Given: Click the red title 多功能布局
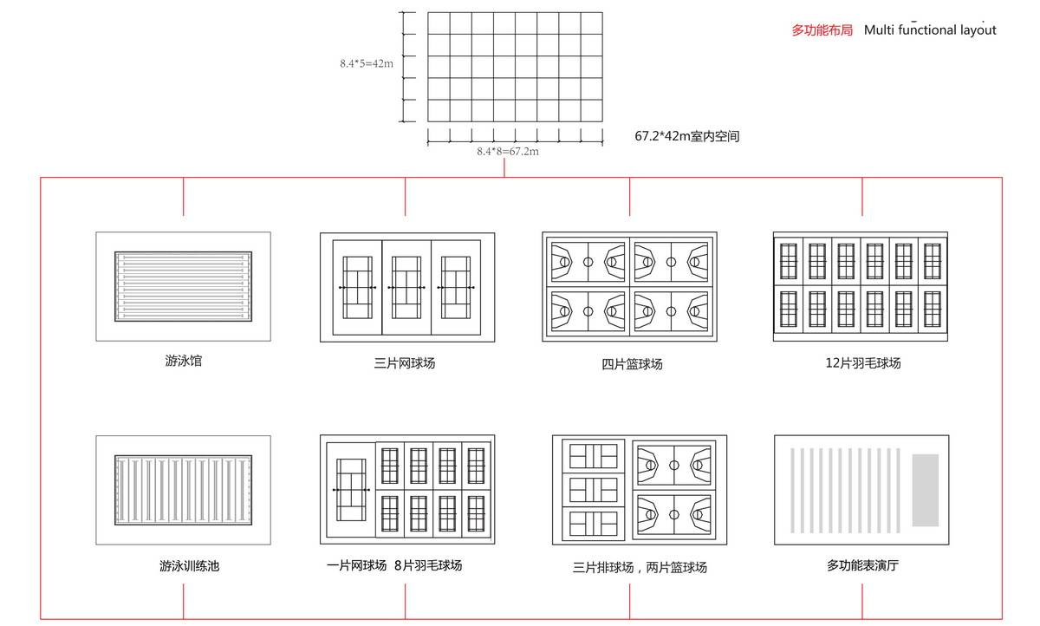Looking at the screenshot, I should point(822,30).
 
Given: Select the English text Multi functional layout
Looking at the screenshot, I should point(930,30).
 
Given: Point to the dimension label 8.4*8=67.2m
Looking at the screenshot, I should point(508,152).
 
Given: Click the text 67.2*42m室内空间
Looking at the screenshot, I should point(686,136).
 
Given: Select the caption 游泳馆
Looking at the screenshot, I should point(184,361).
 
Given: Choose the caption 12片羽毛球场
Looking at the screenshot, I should point(862,363).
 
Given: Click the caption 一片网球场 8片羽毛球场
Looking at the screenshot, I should point(394,565).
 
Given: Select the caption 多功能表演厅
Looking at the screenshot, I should point(862,566).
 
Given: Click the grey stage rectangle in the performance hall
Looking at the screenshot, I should point(926,490).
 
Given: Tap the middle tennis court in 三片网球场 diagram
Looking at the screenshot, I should point(406,287).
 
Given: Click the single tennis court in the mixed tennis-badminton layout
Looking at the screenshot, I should point(351,490).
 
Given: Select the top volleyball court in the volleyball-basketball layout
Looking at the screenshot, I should point(594,455).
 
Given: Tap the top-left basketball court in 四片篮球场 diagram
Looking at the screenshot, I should point(588,261).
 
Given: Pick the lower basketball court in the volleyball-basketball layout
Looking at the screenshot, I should point(673,514).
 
